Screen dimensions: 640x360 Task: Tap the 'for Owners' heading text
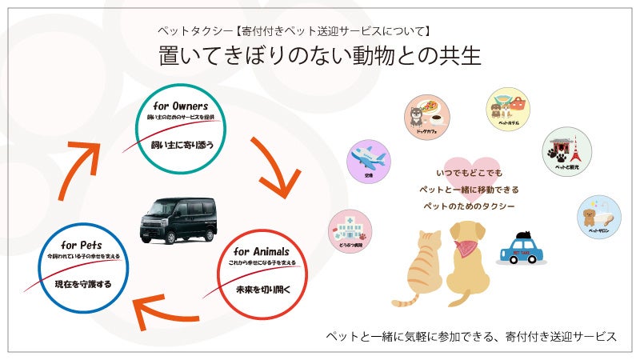180,106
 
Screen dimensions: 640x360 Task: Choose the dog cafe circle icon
424,114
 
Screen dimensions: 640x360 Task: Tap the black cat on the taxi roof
524,235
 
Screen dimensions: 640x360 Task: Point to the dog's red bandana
466,247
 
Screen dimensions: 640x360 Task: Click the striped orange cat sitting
420,268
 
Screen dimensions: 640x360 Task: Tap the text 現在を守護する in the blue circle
83,283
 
